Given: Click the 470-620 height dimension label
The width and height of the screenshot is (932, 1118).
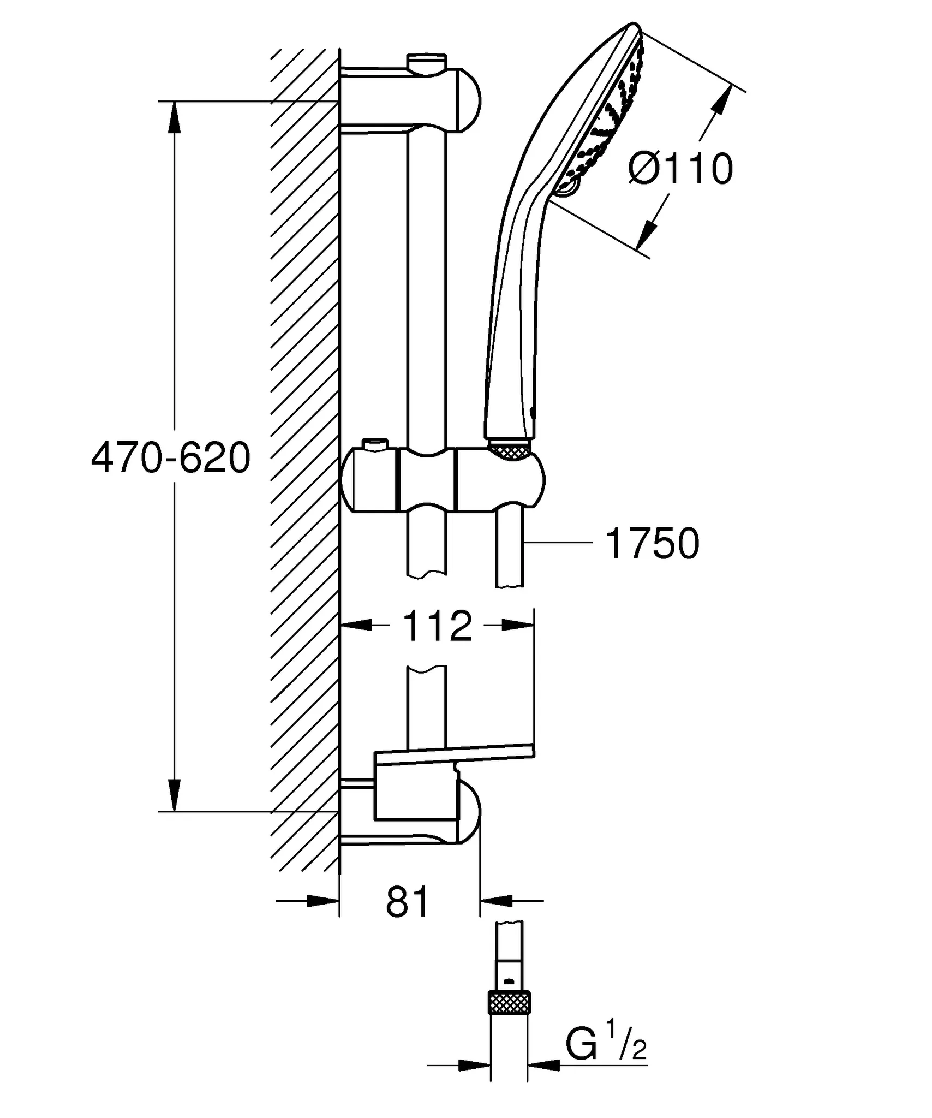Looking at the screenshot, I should pos(171,459).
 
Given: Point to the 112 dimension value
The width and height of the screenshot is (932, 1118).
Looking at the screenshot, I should pos(437,626).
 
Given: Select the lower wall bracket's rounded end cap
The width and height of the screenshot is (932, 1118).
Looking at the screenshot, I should pos(470,815).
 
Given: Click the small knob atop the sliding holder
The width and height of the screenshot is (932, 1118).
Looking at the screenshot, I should pos(377,445).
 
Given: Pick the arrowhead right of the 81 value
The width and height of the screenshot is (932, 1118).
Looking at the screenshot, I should pos(497,901).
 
